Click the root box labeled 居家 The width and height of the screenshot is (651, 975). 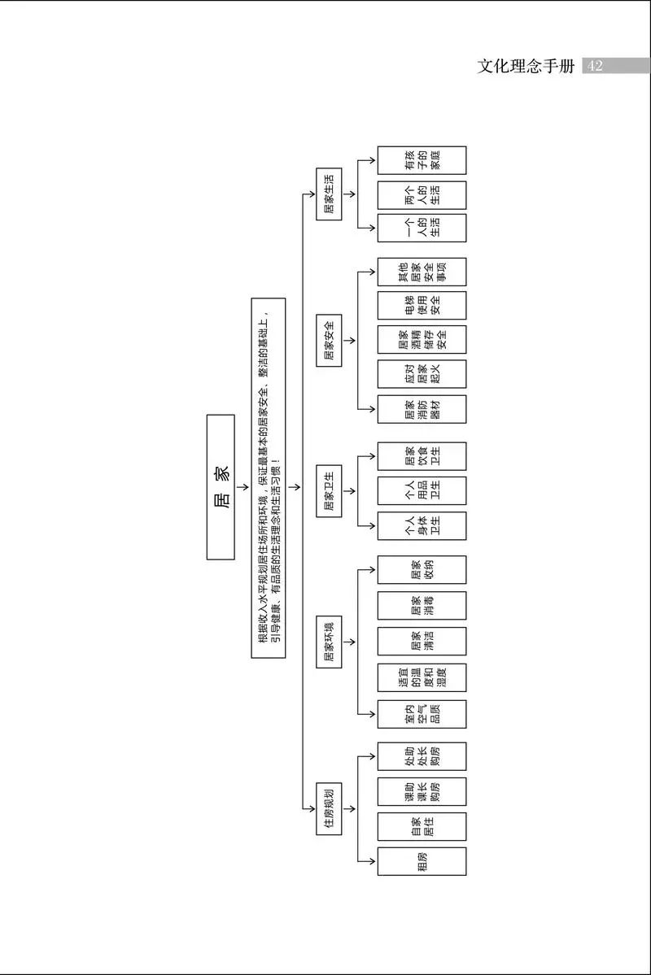221,486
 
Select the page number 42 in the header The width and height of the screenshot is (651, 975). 595,66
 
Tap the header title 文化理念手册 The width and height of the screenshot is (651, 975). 526,66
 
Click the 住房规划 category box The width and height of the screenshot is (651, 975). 329,808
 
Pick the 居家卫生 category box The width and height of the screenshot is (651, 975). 329,490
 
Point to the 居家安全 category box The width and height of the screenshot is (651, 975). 329,339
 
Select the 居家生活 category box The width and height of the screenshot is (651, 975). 329,195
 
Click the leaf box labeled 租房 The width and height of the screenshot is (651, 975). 422,861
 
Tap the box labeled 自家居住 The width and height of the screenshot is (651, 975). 422,826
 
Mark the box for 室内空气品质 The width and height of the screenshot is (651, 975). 422,713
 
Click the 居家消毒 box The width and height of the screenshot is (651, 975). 422,605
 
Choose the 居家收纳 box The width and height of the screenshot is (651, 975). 422,569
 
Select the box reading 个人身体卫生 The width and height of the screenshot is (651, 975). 422,525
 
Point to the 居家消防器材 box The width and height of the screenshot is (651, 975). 422,409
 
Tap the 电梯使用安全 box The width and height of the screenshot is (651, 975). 422,305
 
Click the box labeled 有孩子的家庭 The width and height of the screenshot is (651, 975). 422,160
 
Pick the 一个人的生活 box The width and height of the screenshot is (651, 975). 422,228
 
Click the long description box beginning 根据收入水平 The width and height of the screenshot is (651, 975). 268,477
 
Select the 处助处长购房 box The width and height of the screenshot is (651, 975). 422,756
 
